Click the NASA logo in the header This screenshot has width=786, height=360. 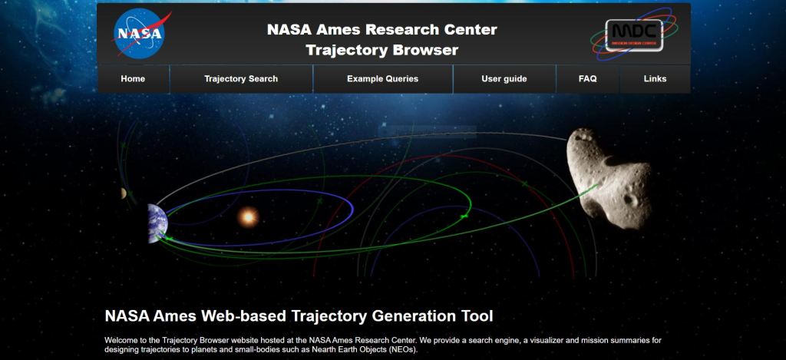(140, 34)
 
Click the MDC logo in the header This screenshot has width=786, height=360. (633, 34)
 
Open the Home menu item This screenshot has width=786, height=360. (133, 79)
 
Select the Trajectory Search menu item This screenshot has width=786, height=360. (240, 79)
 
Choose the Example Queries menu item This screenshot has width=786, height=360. (382, 79)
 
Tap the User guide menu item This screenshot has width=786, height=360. (504, 79)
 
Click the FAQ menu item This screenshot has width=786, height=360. (587, 79)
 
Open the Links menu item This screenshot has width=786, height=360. (656, 79)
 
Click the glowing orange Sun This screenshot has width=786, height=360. (248, 217)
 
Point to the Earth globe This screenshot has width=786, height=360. (157, 223)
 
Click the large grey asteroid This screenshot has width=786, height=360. (609, 179)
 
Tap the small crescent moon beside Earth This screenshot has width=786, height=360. (124, 193)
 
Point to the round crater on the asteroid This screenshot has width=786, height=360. (629, 200)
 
